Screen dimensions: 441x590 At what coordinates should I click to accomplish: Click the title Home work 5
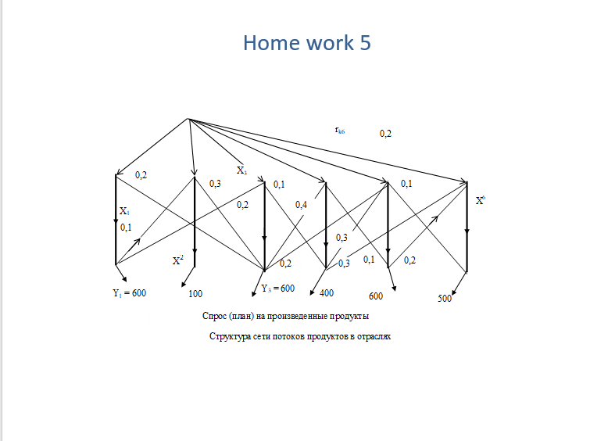click(306, 42)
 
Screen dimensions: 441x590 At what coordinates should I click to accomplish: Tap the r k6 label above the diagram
click(340, 131)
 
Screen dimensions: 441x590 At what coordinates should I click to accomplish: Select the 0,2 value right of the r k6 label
click(385, 134)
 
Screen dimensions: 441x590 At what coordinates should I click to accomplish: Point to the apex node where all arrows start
click(188, 119)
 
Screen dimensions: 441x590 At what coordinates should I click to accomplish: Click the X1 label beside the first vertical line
click(124, 211)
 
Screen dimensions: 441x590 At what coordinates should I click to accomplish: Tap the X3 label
click(241, 170)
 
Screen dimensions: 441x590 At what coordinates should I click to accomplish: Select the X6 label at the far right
click(481, 200)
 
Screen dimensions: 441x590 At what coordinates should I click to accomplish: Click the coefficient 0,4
click(301, 205)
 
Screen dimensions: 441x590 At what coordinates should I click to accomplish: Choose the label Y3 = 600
click(277, 289)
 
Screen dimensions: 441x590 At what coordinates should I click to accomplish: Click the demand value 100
click(195, 295)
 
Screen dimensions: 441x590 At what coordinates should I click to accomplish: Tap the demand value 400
click(327, 293)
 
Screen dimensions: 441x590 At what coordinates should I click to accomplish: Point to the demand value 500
click(445, 299)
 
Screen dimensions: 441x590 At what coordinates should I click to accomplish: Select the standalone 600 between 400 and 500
click(376, 296)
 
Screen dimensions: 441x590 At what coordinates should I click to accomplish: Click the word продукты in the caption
click(349, 317)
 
